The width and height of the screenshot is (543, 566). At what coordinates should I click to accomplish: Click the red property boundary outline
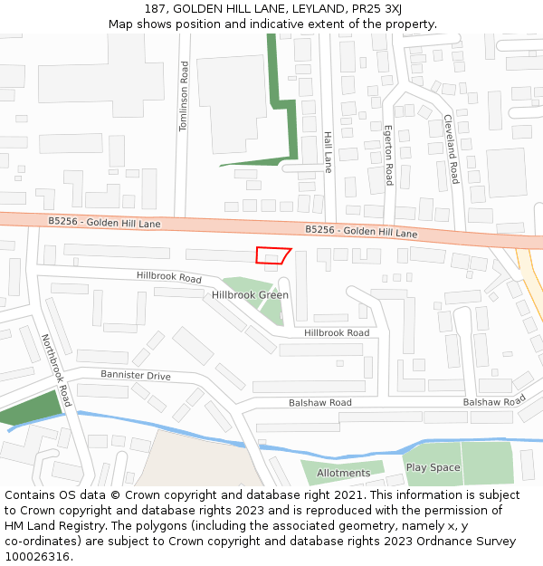tap(273, 255)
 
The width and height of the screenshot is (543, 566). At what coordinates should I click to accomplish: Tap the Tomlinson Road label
tap(184, 96)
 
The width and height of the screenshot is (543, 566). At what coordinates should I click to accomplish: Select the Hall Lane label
tap(328, 151)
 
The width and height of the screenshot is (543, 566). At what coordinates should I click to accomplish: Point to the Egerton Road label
tap(388, 155)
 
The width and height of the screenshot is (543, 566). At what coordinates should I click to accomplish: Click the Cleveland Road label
tap(451, 149)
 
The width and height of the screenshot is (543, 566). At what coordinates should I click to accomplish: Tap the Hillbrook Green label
tap(251, 295)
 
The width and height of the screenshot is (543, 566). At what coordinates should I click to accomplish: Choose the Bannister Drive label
tap(135, 375)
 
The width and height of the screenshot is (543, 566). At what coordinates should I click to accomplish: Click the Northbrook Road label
tap(56, 369)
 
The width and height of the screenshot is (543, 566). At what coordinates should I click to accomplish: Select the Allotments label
tap(344, 473)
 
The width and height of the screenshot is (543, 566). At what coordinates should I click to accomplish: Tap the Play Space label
tap(433, 468)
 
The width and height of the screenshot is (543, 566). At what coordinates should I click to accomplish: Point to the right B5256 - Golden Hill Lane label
tap(361, 232)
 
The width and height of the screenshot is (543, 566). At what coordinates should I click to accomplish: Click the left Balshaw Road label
tap(320, 402)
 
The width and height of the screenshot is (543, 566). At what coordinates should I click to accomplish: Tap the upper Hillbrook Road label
tap(169, 277)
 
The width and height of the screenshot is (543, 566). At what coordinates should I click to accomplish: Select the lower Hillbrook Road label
tap(337, 333)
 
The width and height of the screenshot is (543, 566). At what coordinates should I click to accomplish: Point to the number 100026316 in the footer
tap(37, 556)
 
